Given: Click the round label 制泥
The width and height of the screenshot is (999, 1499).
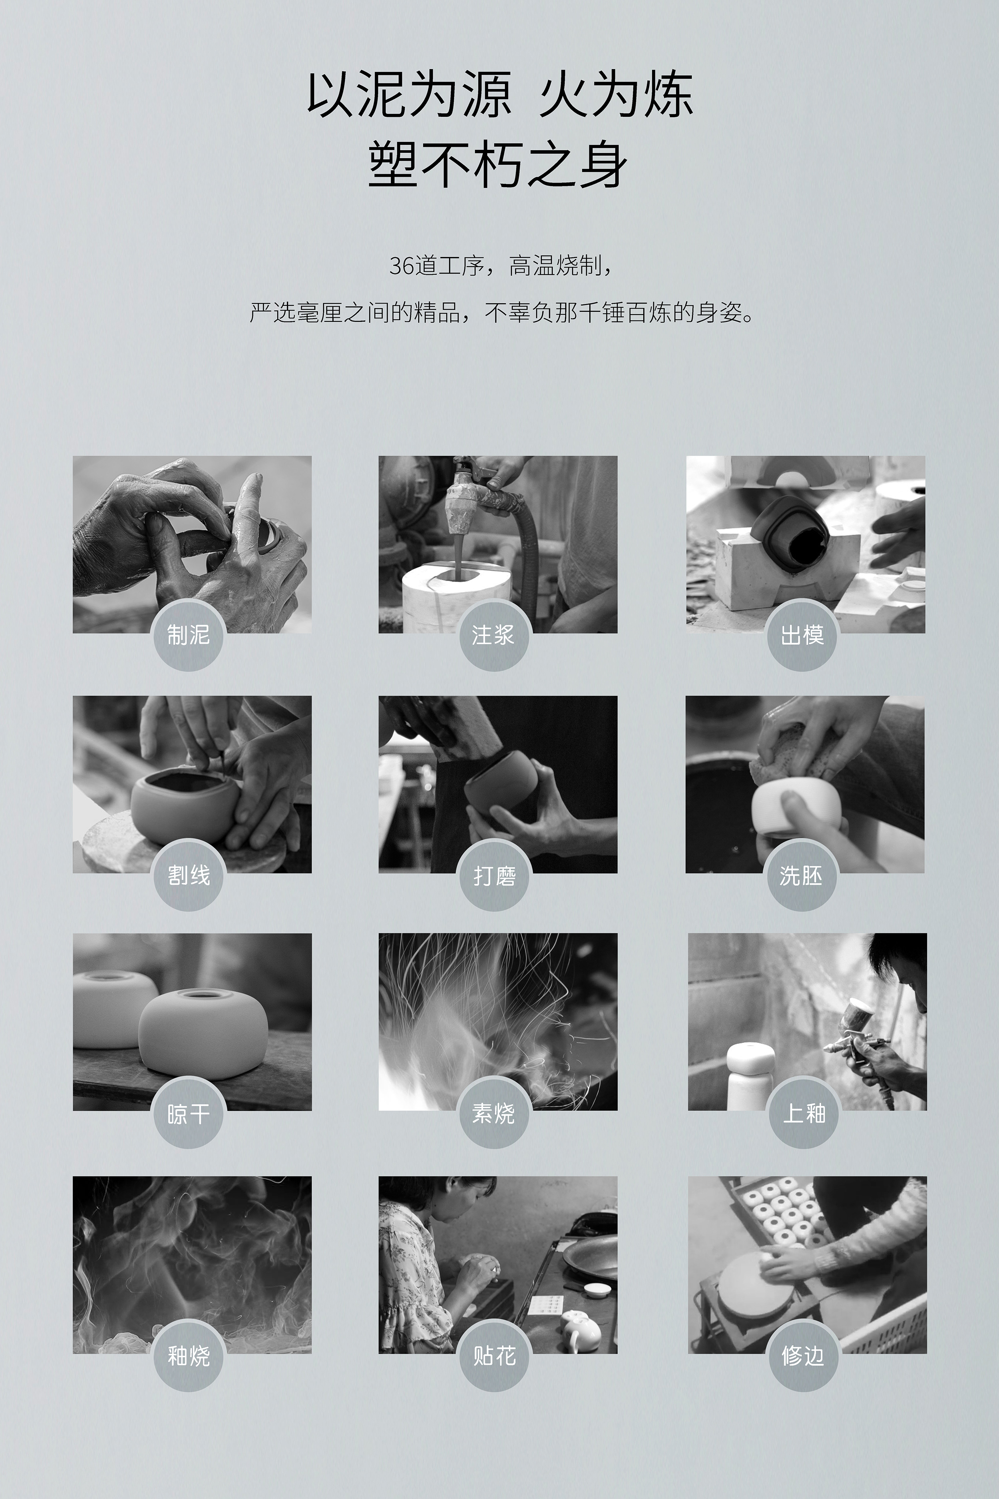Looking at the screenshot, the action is (189, 635).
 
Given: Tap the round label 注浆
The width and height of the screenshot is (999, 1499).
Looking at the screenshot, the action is (494, 635).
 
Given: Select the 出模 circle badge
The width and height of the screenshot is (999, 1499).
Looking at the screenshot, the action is (802, 635).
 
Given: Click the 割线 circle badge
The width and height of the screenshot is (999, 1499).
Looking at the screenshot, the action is (189, 875).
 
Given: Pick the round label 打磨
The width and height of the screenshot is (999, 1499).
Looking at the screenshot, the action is (494, 875).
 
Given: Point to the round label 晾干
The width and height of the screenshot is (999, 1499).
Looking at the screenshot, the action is (189, 1113).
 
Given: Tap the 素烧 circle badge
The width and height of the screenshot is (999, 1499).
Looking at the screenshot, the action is (494, 1113).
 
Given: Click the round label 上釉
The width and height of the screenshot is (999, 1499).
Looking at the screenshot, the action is (804, 1113).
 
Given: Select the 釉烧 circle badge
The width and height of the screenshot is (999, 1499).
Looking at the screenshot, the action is (189, 1355).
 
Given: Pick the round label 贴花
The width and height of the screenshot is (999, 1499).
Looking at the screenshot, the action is (494, 1355).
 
